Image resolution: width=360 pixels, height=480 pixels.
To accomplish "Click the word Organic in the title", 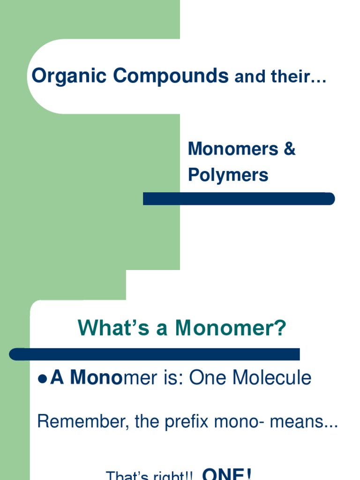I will click(x=68, y=76).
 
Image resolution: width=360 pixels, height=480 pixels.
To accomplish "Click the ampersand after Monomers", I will click(x=289, y=149).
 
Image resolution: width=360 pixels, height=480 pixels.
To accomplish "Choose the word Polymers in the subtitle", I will click(x=228, y=175).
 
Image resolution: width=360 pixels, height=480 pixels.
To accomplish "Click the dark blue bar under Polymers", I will click(x=239, y=199).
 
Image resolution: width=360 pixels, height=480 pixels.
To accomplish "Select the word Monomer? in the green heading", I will click(x=231, y=328).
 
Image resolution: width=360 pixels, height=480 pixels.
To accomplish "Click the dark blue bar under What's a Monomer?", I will click(x=155, y=354).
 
